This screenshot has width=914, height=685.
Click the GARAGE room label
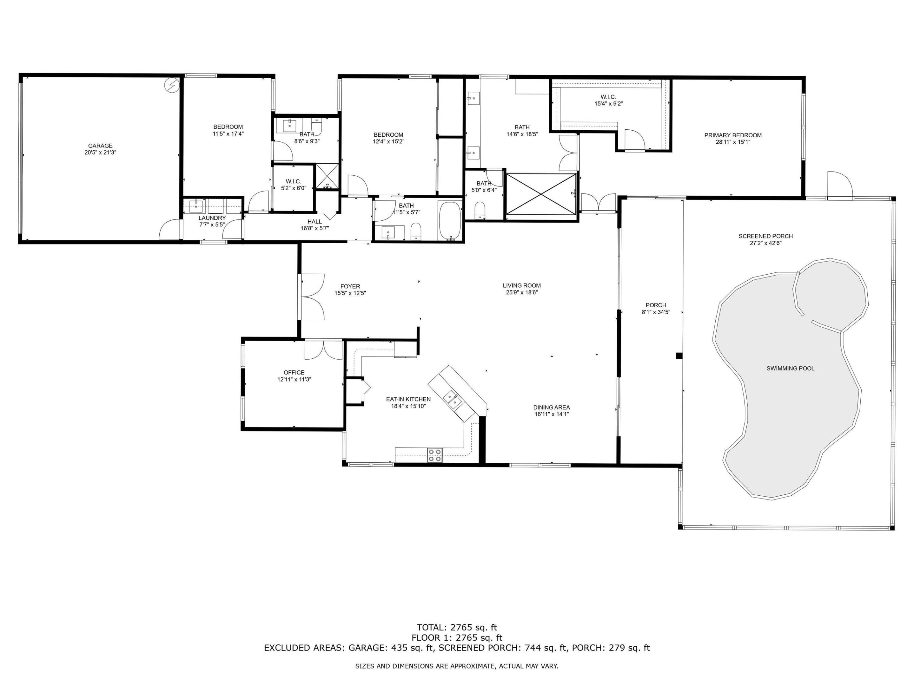pos(100,146)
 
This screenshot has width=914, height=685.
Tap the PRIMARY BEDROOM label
pos(733,135)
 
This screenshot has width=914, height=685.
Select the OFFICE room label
pos(294,372)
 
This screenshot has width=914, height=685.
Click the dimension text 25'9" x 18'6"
pos(522,292)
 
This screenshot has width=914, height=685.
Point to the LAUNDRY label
pos(212,218)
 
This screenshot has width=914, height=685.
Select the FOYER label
pos(350,286)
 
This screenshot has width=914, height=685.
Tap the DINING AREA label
pos(552,407)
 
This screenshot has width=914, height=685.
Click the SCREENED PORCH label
pos(766,236)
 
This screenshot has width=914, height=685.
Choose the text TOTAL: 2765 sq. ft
pos(457,628)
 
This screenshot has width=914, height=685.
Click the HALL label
pos(315,221)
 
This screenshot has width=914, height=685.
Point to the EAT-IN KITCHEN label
pos(408,399)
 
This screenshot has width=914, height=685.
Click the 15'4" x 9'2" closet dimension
pos(609,104)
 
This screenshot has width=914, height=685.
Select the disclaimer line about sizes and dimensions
pos(457,666)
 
